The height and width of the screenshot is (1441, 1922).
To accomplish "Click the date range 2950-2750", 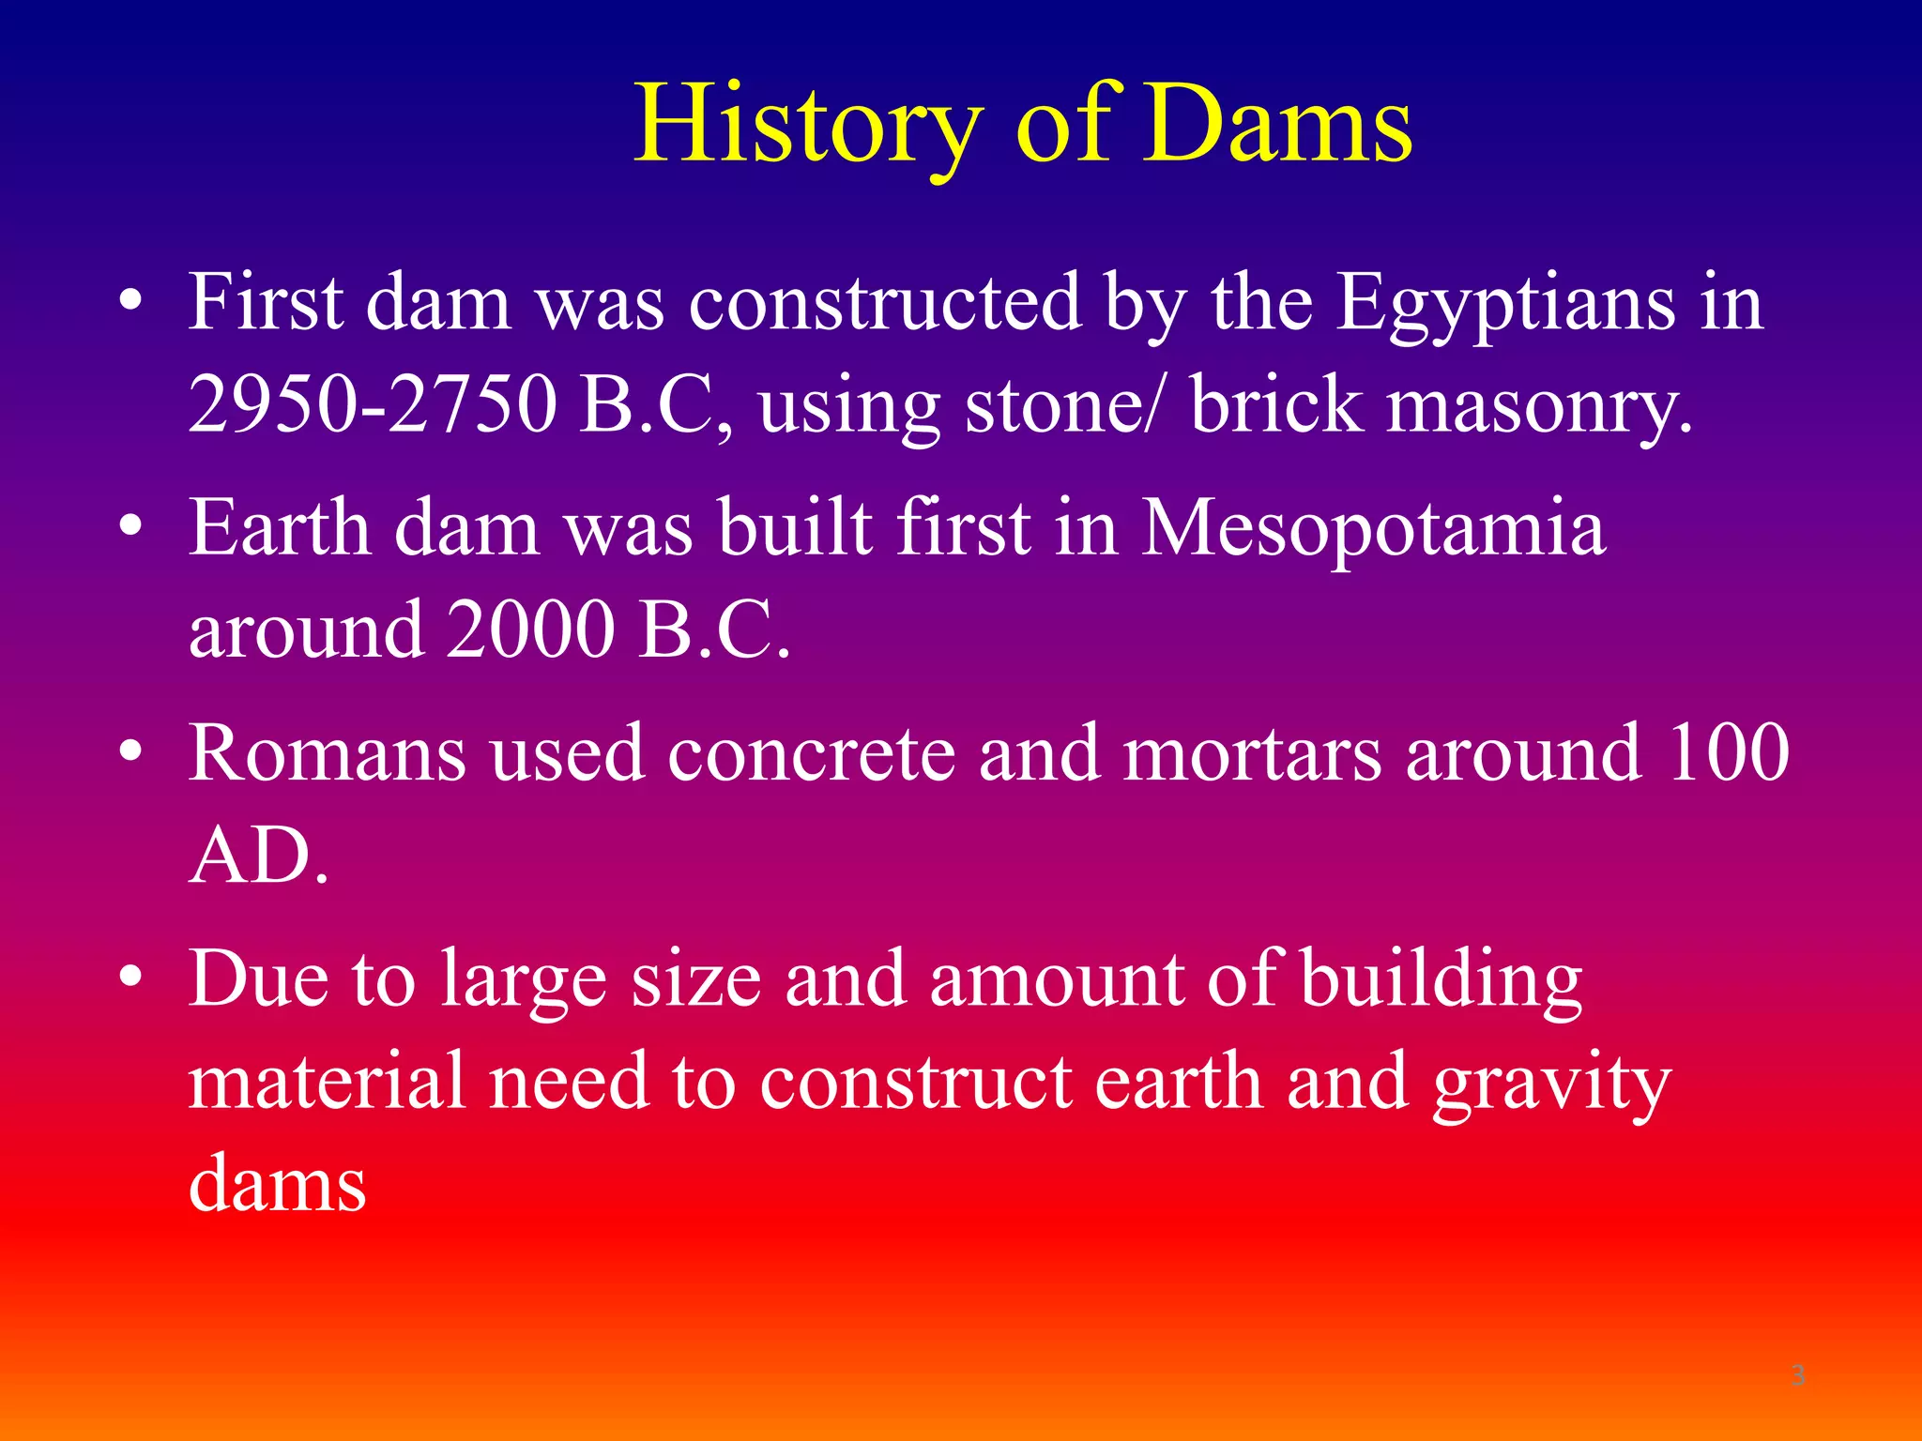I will click(372, 405).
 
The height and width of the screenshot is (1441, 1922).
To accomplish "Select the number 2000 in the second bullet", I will click(530, 630).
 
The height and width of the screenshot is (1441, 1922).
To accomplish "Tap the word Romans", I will click(327, 755).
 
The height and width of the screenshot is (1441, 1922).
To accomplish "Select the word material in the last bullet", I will click(326, 1082).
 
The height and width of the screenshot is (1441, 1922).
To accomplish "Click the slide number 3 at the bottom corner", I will click(1798, 1375).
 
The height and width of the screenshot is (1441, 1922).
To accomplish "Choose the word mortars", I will click(1252, 755).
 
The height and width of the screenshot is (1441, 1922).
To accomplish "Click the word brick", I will click(1276, 405).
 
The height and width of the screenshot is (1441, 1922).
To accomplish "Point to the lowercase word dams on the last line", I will click(277, 1185).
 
